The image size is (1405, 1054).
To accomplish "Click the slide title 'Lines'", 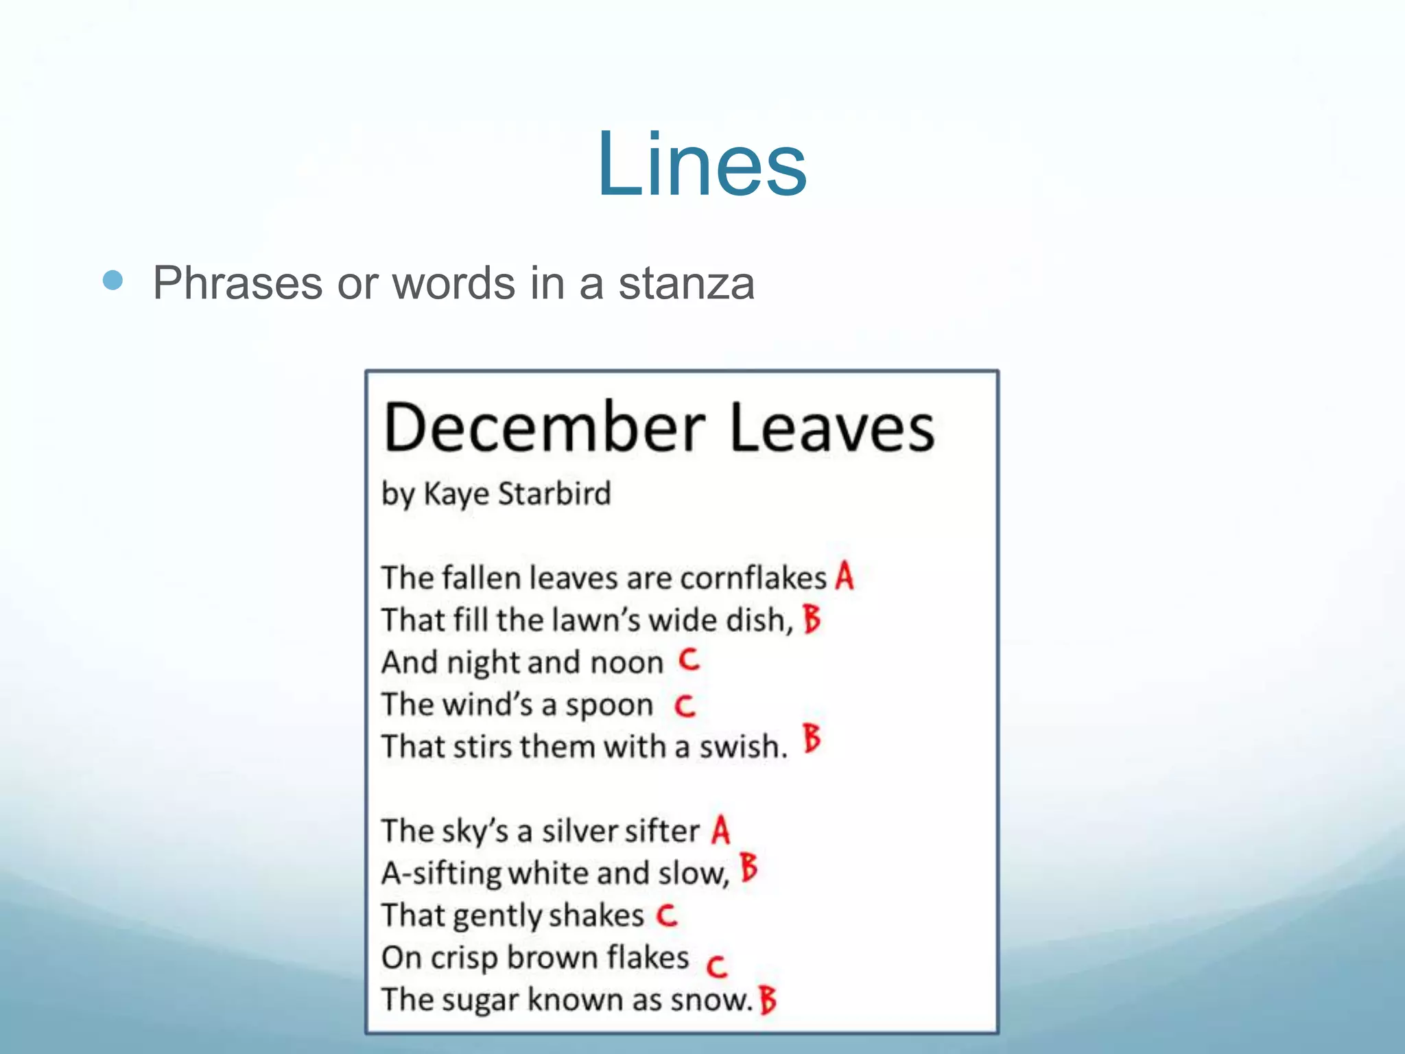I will click(701, 165).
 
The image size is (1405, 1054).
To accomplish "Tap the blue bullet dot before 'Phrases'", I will click(113, 280).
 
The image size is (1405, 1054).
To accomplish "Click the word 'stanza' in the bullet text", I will click(686, 283).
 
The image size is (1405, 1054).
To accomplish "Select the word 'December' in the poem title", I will click(544, 428).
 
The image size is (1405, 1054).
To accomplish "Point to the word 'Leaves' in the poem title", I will click(831, 428).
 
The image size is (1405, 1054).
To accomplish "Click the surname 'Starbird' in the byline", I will click(554, 493).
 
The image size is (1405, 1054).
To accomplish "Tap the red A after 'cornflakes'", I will click(845, 576).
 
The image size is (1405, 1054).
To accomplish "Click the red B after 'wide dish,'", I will click(812, 618).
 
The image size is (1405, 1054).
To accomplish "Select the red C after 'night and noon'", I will click(689, 660).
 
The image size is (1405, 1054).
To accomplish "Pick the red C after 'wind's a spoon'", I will click(685, 705).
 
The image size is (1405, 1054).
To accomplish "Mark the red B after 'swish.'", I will click(812, 739).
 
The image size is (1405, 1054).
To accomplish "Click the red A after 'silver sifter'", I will click(720, 830).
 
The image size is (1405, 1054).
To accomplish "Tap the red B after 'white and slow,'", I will click(748, 868).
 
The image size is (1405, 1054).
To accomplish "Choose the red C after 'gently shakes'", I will click(666, 915).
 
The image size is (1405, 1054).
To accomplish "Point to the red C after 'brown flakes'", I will click(716, 966).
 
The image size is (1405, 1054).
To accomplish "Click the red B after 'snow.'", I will click(768, 1000).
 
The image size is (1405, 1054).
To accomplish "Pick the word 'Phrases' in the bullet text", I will click(237, 283).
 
